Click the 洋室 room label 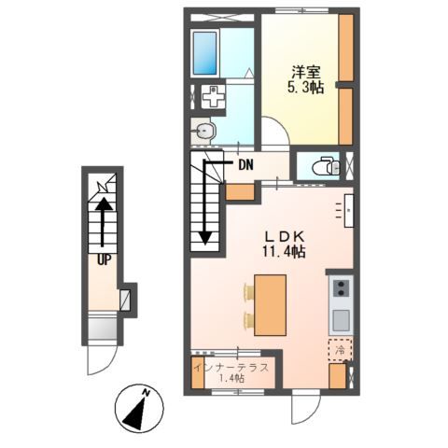(306, 73)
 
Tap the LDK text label (284, 237)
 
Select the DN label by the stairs (245, 165)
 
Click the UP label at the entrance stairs (104, 259)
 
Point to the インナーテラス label (231, 368)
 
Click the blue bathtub (204, 52)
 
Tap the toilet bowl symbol (327, 166)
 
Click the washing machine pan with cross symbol (213, 97)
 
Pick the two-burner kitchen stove (342, 288)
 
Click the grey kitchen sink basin (342, 321)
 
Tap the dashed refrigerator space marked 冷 (341, 350)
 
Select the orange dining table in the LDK (270, 305)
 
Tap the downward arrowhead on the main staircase (205, 238)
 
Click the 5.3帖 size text (305, 88)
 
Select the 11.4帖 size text (284, 251)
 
